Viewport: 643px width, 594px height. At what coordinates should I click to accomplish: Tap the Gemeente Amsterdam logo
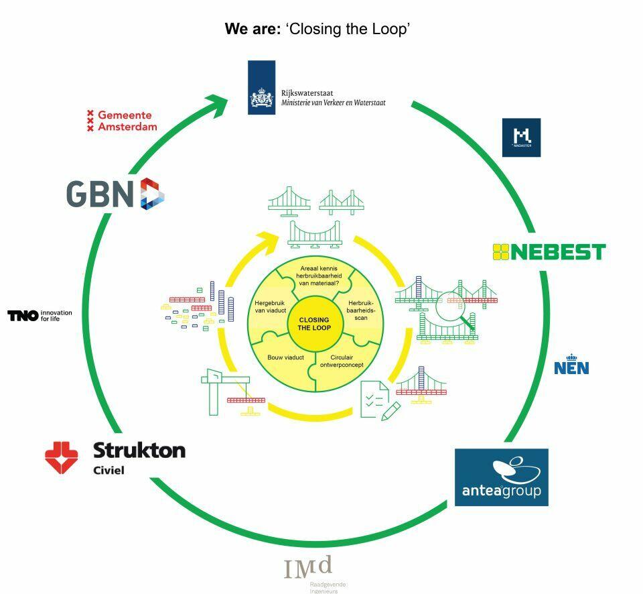121,121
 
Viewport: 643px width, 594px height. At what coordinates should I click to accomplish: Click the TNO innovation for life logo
40,315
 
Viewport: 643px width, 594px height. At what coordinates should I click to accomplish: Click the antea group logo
501,477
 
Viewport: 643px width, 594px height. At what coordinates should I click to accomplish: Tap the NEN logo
571,365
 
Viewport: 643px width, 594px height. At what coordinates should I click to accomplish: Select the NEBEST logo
549,251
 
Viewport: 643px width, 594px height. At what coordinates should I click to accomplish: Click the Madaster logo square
521,137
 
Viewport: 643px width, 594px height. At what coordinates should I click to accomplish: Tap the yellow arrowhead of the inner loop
271,237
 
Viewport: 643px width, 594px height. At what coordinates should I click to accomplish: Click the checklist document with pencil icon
377,400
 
